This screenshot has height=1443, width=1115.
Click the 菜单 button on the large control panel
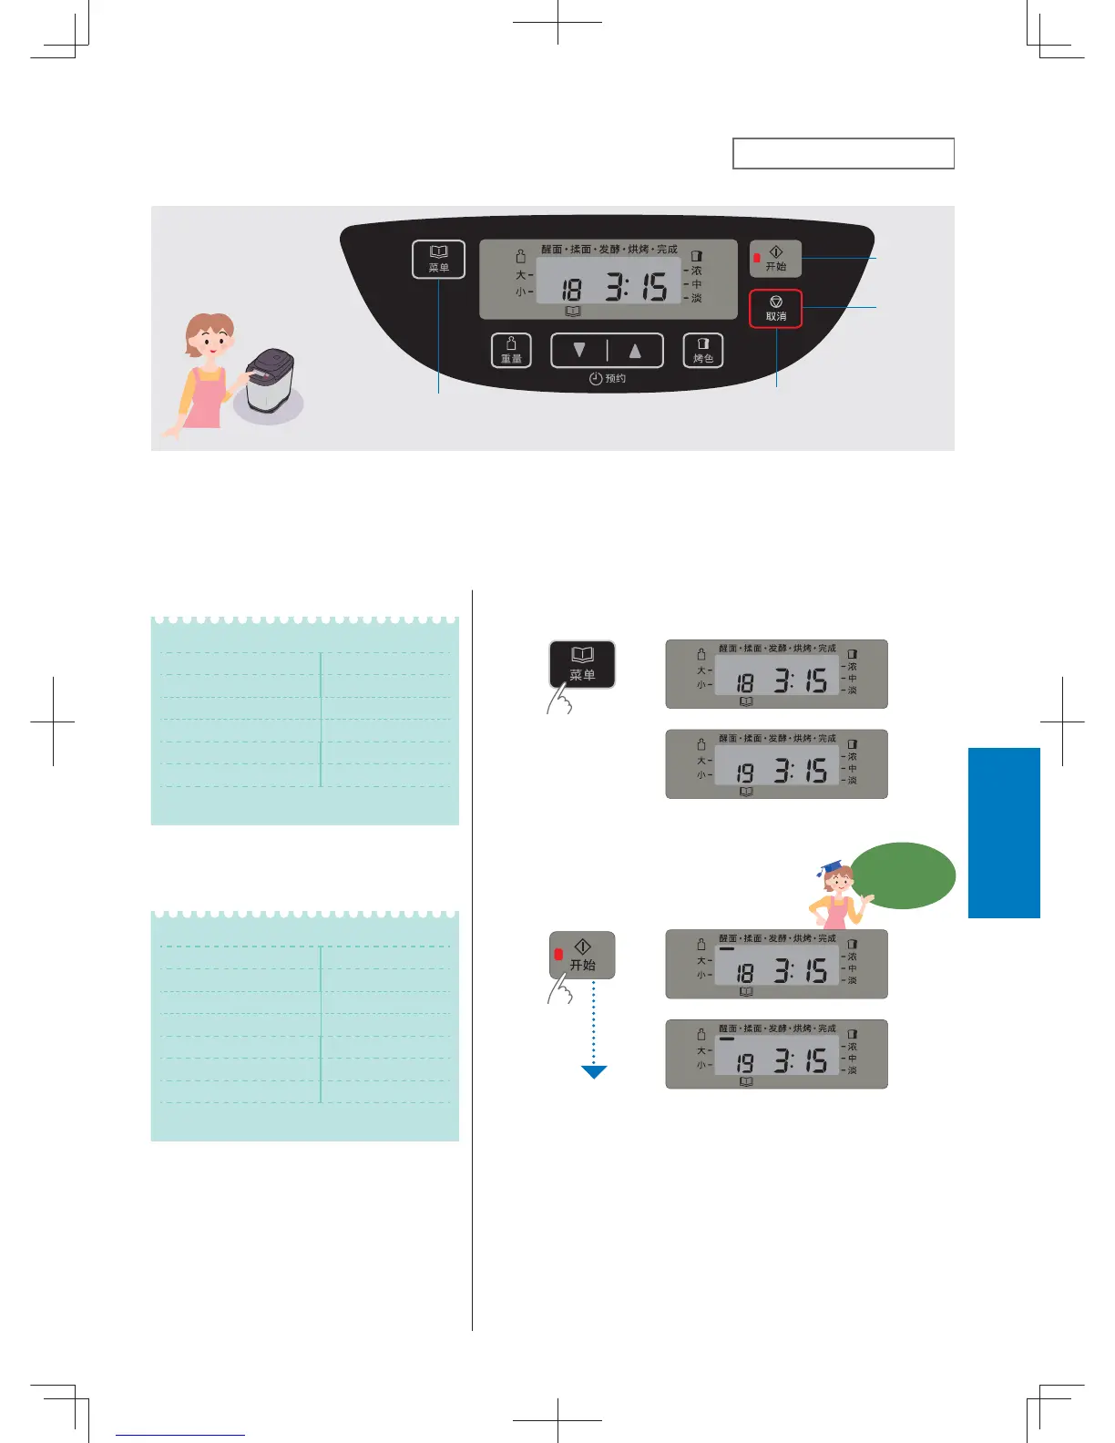438,259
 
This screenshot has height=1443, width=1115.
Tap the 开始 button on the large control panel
775,259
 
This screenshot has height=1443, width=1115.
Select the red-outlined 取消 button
775,309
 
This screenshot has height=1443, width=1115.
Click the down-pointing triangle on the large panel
579,350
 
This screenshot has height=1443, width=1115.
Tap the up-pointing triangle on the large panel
635,350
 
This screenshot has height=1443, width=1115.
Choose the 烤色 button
703,350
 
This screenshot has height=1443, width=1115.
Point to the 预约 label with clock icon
608,378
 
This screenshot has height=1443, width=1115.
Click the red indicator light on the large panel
757,259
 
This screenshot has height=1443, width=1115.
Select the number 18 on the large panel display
571,290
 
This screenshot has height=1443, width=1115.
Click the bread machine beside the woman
269,381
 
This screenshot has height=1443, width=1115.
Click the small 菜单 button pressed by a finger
582,664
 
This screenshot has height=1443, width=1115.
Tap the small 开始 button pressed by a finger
582,955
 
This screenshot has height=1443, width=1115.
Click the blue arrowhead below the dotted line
594,1072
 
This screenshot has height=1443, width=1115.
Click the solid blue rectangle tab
1004,833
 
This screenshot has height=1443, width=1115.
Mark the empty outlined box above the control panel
844,154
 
